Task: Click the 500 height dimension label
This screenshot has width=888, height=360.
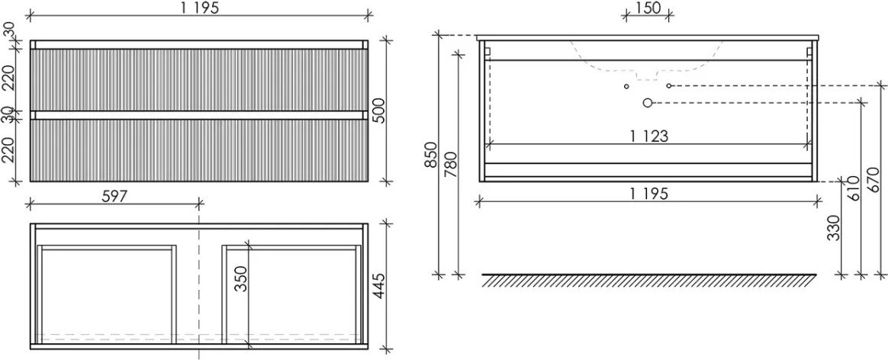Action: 378,111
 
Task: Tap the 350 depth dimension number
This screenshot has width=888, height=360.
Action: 241,278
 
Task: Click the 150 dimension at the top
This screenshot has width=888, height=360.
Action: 648,8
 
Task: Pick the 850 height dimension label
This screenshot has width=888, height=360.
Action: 432,154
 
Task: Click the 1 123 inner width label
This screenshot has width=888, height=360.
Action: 649,137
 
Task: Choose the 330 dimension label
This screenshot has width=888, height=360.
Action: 835,227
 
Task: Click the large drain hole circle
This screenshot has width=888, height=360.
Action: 648,103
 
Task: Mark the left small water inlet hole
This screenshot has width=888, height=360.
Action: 626,86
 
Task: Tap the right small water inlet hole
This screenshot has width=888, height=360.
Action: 669,85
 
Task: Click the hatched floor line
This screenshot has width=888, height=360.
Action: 649,280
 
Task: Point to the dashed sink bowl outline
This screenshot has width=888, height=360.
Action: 648,59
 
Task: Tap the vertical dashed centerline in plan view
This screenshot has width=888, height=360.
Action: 199,287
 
